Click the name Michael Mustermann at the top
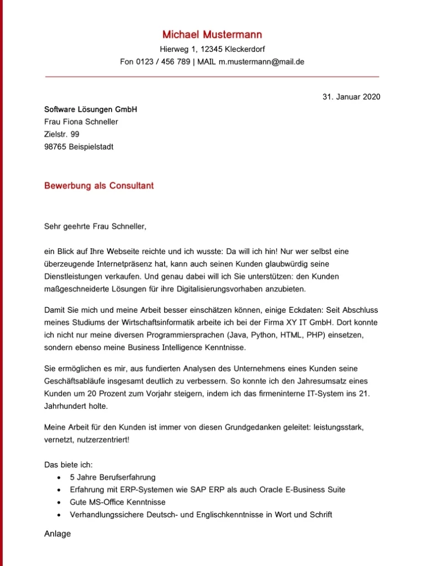tap(212, 35)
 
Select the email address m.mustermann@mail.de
tap(261, 62)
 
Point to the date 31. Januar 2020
tap(351, 97)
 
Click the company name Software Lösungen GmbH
tap(91, 109)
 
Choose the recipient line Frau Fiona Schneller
tap(81, 122)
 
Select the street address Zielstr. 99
tap(61, 134)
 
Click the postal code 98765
tap(55, 147)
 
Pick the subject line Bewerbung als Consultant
tap(99, 186)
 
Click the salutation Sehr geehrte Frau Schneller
tap(96, 226)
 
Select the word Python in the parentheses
tap(262, 335)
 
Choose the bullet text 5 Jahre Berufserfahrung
tap(113, 477)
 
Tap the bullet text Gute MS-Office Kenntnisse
tap(118, 502)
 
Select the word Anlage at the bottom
tap(57, 534)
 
